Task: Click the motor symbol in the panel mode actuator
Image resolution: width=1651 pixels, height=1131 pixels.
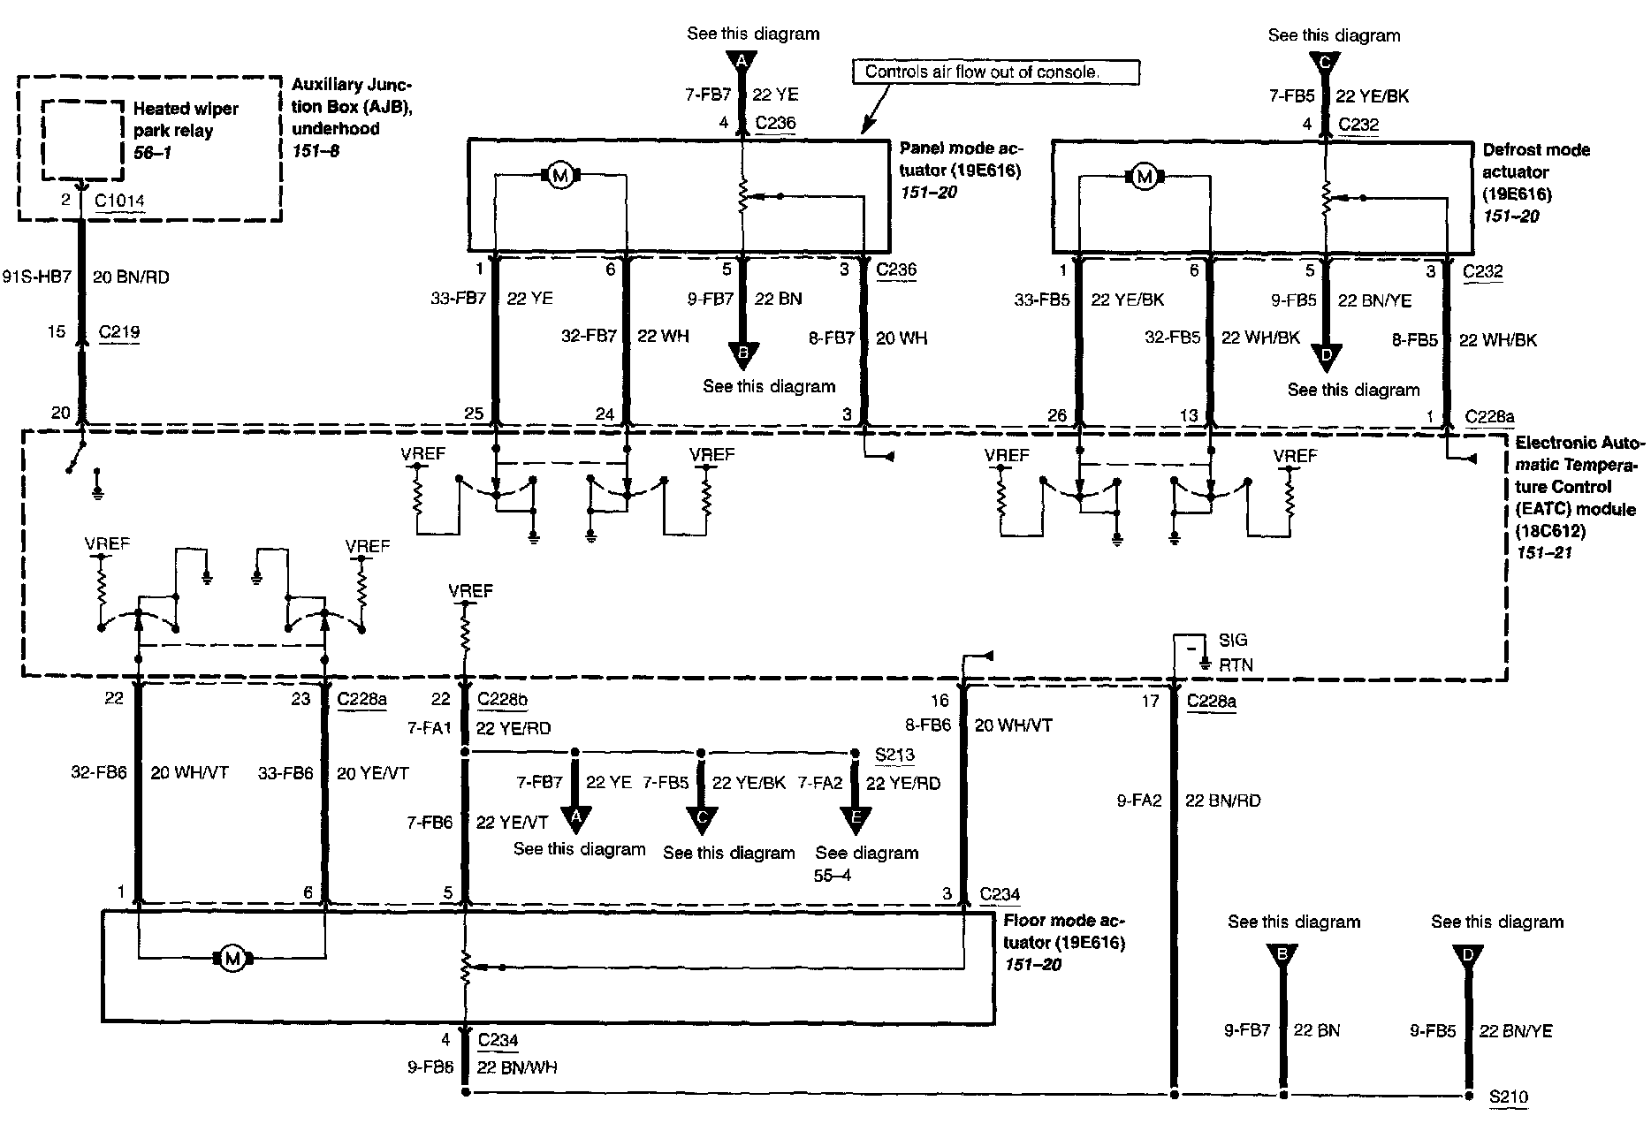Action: (559, 177)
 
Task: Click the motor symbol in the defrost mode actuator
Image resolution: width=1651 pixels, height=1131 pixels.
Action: (1145, 178)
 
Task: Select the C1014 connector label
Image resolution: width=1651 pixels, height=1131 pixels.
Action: (119, 201)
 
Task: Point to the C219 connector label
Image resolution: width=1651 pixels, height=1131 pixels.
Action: (119, 332)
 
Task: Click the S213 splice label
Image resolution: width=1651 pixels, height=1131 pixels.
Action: (894, 755)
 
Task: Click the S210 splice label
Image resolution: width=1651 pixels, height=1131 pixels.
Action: (1508, 1097)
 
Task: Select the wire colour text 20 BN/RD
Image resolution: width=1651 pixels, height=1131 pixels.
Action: (131, 277)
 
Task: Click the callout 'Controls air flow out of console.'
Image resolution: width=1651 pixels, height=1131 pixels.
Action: (981, 72)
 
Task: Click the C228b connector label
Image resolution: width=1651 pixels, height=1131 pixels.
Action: (502, 699)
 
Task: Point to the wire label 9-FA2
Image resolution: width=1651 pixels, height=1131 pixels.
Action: (1139, 801)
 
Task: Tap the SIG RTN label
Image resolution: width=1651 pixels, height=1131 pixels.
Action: (1235, 652)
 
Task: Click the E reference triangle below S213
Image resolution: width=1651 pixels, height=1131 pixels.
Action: (855, 821)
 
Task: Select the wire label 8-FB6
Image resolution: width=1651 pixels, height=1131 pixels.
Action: (927, 725)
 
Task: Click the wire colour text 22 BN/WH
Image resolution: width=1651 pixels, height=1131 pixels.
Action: (516, 1067)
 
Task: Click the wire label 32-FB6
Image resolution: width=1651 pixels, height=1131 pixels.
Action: (99, 772)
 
